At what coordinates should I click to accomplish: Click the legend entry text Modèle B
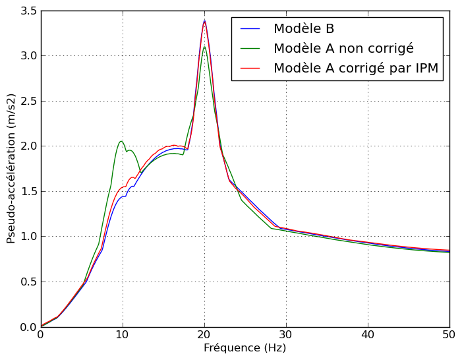tap(304, 29)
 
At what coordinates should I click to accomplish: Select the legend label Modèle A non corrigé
tap(343, 49)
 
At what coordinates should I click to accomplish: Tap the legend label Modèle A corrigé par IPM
tap(355, 69)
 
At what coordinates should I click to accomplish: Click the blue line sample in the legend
tap(250, 29)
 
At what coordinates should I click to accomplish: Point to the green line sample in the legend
tap(250, 49)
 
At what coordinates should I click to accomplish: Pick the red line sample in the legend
tap(250, 69)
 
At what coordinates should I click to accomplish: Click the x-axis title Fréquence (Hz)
tap(245, 348)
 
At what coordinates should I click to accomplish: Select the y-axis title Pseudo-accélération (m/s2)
tap(11, 168)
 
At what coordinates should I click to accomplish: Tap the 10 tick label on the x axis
tap(122, 335)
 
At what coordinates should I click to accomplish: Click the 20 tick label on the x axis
tap(204, 335)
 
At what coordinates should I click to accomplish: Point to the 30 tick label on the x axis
tap(286, 335)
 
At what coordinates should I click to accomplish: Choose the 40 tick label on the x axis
tap(368, 335)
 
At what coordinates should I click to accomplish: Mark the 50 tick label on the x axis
tap(449, 335)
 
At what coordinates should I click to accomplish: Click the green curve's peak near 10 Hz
tap(121, 141)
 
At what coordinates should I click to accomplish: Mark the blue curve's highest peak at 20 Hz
tap(204, 21)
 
